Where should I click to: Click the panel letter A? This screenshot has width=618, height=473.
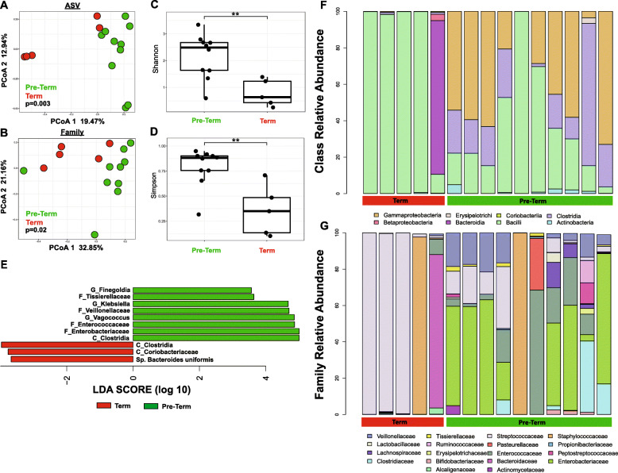pos(6,6)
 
